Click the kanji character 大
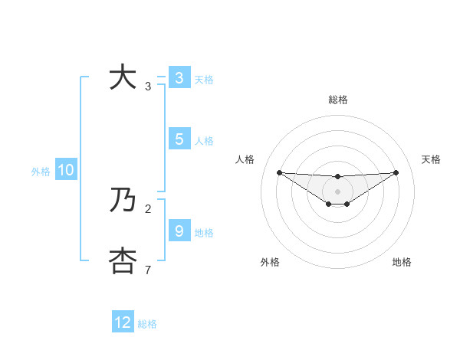click(x=123, y=78)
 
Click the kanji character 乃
click(x=123, y=201)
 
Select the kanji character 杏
click(x=123, y=261)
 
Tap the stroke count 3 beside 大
click(x=148, y=87)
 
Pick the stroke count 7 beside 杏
click(x=148, y=270)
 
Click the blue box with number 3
click(x=179, y=78)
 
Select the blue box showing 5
click(x=179, y=139)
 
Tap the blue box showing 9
click(x=179, y=231)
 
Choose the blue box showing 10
click(x=65, y=170)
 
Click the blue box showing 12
click(x=123, y=322)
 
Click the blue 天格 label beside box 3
click(x=204, y=79)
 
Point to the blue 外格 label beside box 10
click(x=41, y=172)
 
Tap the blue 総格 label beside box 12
click(x=147, y=324)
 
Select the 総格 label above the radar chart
click(x=337, y=100)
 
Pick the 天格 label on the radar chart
click(x=431, y=159)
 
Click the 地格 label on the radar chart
click(x=402, y=262)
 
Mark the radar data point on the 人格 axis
click(x=279, y=172)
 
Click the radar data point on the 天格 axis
click(x=396, y=172)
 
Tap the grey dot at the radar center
click(x=337, y=191)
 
